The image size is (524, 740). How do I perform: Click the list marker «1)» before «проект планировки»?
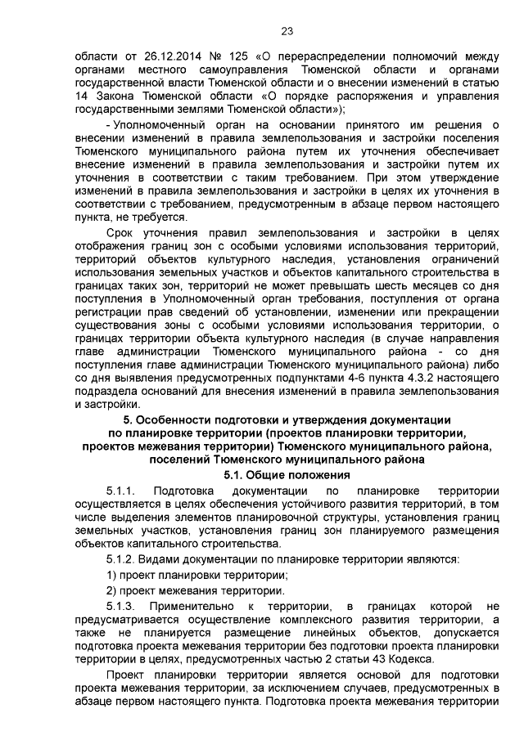112,575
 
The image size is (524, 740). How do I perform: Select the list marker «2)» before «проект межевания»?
112,590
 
